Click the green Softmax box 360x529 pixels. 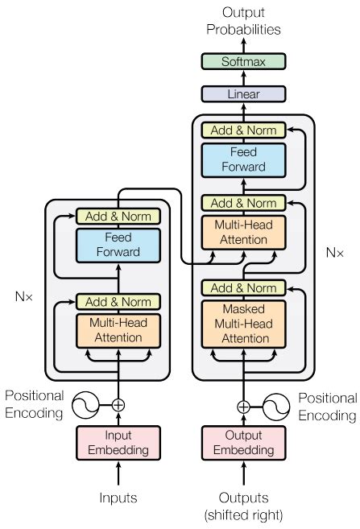242,61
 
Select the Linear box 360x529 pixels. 242,94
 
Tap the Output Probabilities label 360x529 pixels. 242,21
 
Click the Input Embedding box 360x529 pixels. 118,443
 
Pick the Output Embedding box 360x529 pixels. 242,443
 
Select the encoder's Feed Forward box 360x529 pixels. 118,246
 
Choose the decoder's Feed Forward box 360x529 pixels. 242,159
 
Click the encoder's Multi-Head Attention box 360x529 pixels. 118,330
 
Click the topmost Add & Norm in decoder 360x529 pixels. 242,130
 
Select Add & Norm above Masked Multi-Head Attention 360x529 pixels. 242,288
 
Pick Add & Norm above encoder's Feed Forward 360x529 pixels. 118,216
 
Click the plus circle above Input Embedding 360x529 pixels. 118,405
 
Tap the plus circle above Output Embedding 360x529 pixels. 242,406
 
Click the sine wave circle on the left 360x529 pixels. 86,405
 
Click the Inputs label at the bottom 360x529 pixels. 118,498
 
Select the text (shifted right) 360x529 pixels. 242,515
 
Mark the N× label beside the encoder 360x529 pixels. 25,295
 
